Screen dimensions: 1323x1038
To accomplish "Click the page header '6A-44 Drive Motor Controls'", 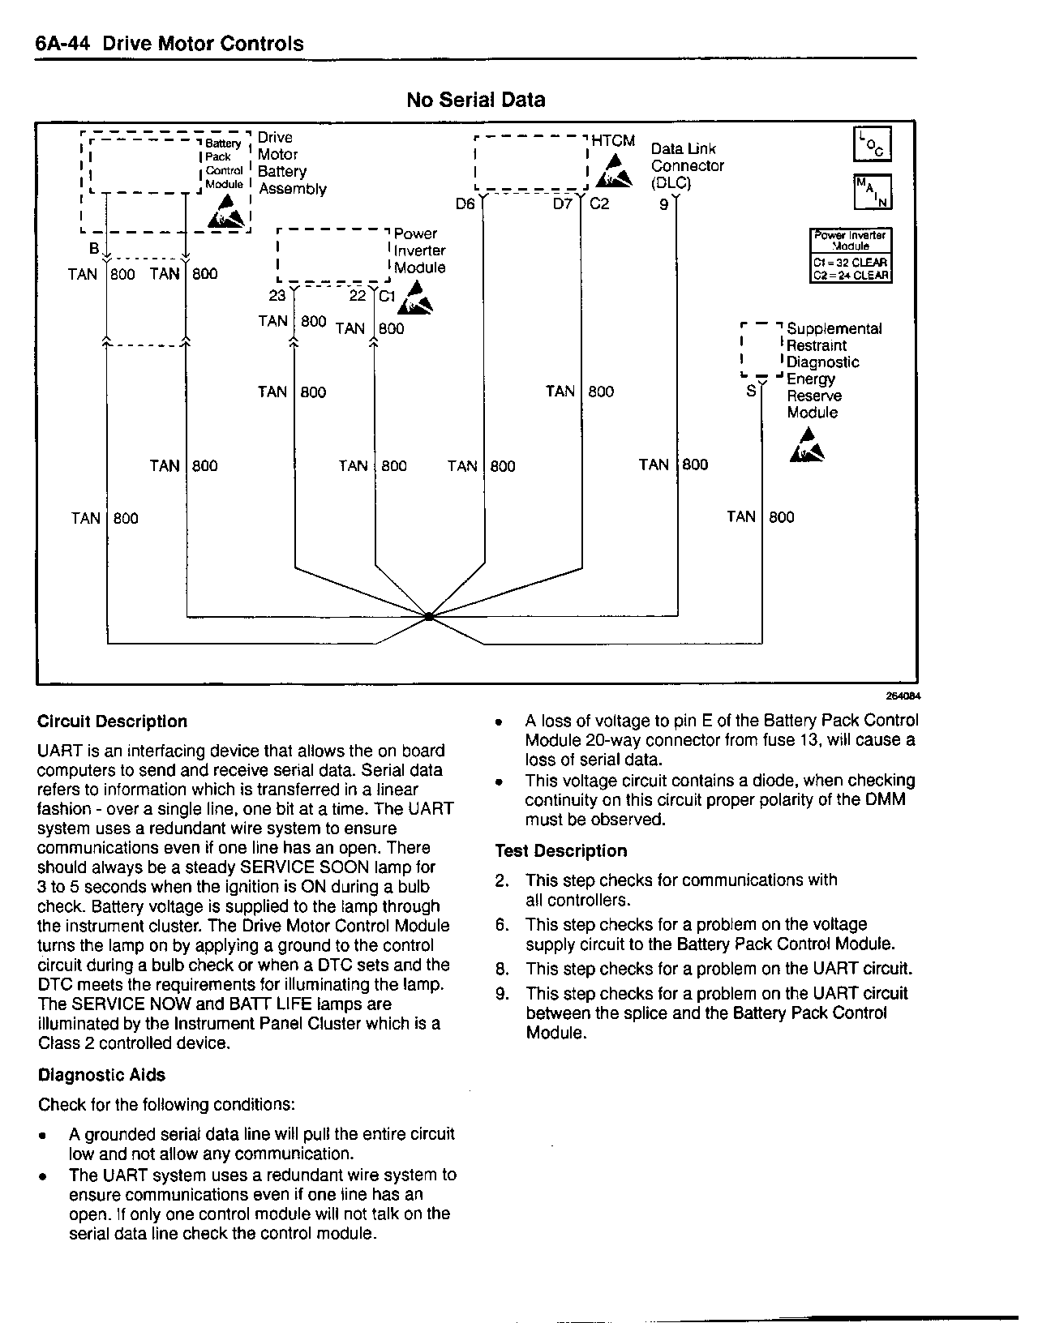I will coord(169,44).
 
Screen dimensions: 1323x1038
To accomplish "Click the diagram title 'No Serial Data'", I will coord(475,100).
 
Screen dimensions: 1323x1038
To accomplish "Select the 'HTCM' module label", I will coord(613,141).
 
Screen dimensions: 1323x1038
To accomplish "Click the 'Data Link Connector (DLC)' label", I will coord(687,165).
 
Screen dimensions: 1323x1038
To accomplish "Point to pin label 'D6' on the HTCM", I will coord(465,204).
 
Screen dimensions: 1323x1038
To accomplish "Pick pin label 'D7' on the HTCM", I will coord(563,204).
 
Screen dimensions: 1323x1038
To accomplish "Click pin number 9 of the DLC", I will coord(663,204).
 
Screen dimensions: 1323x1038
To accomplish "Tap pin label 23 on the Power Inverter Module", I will coord(277,296).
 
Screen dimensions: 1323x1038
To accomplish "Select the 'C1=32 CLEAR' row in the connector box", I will coord(851,263).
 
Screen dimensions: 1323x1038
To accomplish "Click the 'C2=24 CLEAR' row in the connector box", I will coord(851,275).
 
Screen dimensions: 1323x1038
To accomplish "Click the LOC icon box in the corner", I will coord(872,144).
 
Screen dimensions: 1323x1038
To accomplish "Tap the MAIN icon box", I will coord(872,192).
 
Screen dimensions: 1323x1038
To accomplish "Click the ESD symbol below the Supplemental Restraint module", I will coord(807,447).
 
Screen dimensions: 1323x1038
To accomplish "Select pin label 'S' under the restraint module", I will coord(751,391).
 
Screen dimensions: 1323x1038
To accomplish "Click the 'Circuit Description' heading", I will coord(113,721).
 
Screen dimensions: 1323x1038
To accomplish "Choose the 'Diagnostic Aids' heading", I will coord(101,1075).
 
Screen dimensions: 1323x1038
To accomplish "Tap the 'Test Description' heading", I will coord(561,851).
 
